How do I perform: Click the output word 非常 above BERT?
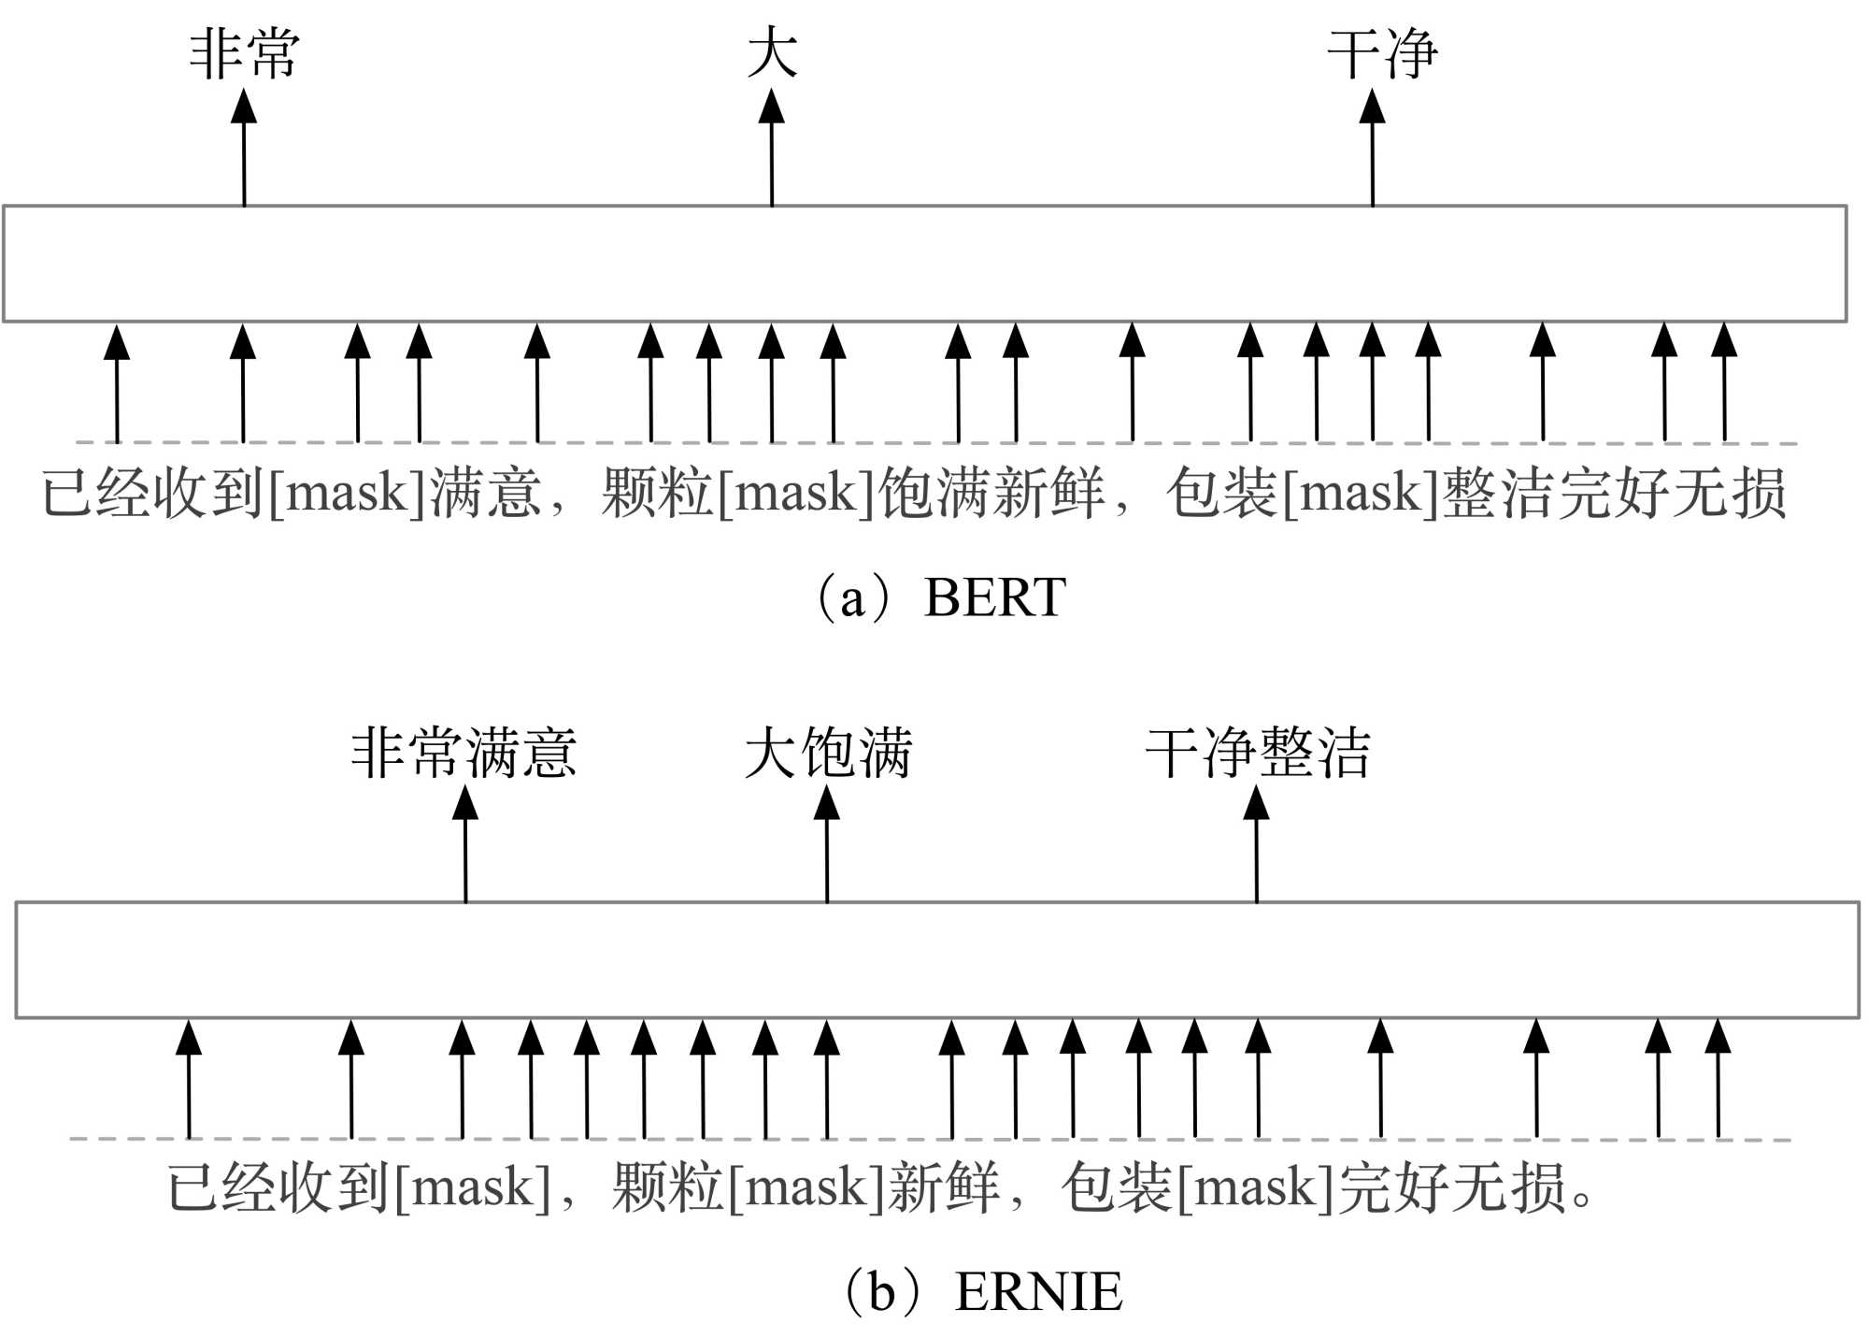coord(244,54)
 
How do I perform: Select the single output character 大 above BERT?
coord(772,54)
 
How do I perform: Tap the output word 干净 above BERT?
coord(1382,54)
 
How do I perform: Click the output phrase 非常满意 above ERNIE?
coord(463,753)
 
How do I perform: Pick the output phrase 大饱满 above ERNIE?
coord(828,753)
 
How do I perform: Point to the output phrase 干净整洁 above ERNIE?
coord(1258,753)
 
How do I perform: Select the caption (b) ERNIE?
coord(983,1292)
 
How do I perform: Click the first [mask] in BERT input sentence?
coord(348,493)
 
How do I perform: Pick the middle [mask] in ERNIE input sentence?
coord(806,1188)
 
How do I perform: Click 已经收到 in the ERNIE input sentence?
coord(278,1188)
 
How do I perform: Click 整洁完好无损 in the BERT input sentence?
coord(1615,493)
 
